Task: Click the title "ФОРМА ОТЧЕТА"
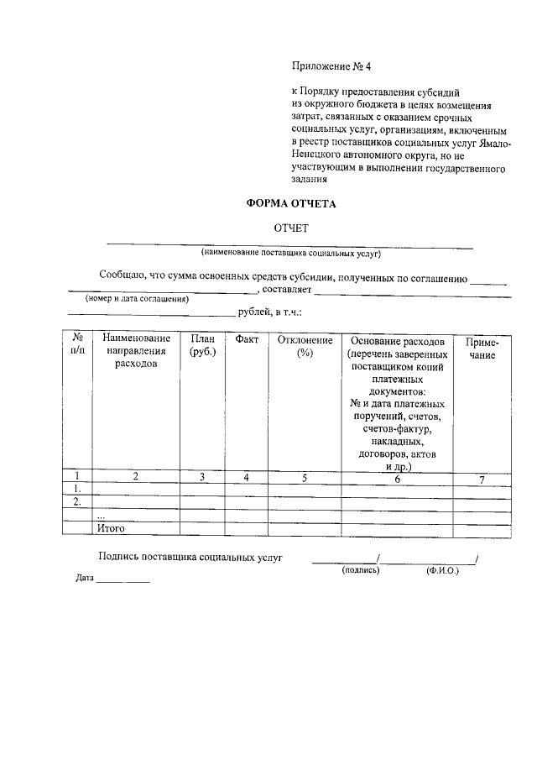pos(290,203)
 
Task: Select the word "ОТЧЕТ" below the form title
pos(291,228)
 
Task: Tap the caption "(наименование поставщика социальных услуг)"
pos(290,252)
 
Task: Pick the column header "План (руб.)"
pos(203,346)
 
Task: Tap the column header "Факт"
pos(247,340)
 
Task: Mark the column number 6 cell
pos(397,479)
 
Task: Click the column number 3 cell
pos(202,479)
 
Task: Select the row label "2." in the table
pos(77,502)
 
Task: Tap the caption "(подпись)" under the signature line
pos(361,571)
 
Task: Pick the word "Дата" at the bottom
pos(84,579)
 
